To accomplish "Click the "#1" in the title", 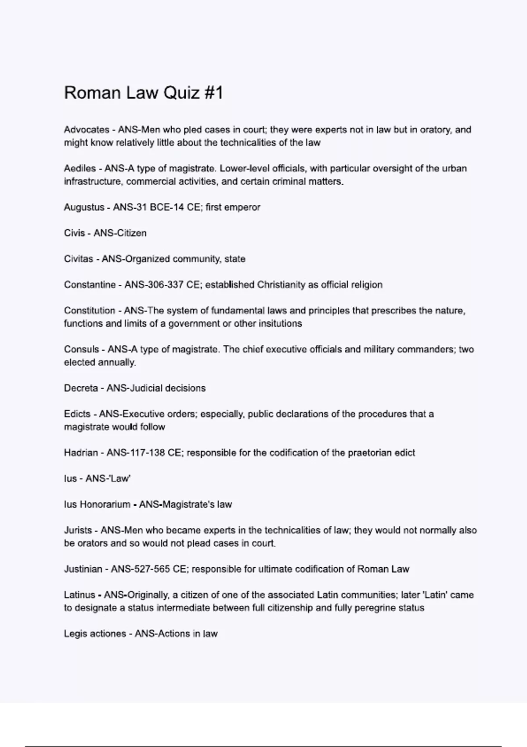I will (213, 93).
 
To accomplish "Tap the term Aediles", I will (80, 168).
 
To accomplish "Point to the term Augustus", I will (84, 207).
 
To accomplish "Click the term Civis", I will (74, 233).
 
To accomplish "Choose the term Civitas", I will (79, 259).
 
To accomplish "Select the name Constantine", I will (90, 285).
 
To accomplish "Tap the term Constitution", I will (90, 311).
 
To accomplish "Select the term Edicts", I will (77, 414).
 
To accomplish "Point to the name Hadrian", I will (81, 453).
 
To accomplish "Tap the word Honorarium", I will (105, 504).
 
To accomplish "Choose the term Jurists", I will (78, 530).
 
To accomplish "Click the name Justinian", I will (83, 569).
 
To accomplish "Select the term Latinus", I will (79, 595).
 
